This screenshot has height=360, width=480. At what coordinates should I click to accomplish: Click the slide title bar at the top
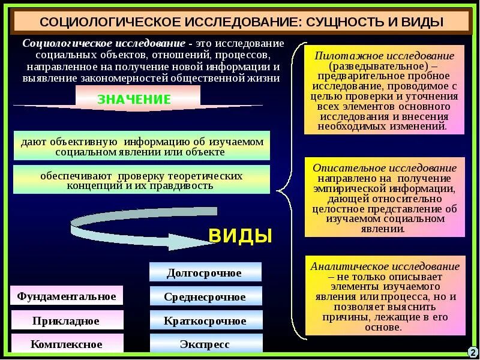coord(240,22)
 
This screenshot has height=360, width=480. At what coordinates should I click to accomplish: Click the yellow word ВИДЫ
coord(240,236)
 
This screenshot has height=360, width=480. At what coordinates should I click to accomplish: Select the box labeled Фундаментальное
coord(67,296)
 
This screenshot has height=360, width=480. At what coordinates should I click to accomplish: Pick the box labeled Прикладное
coord(67,320)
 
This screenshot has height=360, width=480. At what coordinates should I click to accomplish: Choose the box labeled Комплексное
coord(67,344)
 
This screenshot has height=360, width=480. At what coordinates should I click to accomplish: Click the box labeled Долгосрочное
coord(205,272)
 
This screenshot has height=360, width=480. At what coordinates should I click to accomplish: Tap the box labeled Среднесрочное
coord(205,296)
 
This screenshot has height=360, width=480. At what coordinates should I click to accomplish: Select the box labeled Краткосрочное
coord(205,320)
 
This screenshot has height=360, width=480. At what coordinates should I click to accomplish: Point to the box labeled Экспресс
coord(205,344)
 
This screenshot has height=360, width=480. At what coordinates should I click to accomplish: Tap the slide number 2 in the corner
coord(472,352)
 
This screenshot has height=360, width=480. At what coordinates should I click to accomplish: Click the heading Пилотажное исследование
coord(385,55)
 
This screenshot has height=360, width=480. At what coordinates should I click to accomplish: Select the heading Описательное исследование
coord(385,168)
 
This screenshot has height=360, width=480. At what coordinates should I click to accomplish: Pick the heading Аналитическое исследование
coord(385,266)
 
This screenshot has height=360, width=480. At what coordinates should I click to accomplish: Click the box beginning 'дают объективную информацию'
coord(142,146)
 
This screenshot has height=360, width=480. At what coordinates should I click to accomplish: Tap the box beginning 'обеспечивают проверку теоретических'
coord(142,180)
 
